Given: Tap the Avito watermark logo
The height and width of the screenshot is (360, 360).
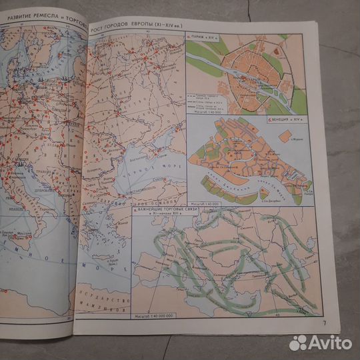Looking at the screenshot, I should (320, 343).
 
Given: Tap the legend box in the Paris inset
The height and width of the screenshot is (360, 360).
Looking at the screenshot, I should (207, 99).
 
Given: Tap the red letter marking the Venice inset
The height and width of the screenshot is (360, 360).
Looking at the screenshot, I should (269, 120).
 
